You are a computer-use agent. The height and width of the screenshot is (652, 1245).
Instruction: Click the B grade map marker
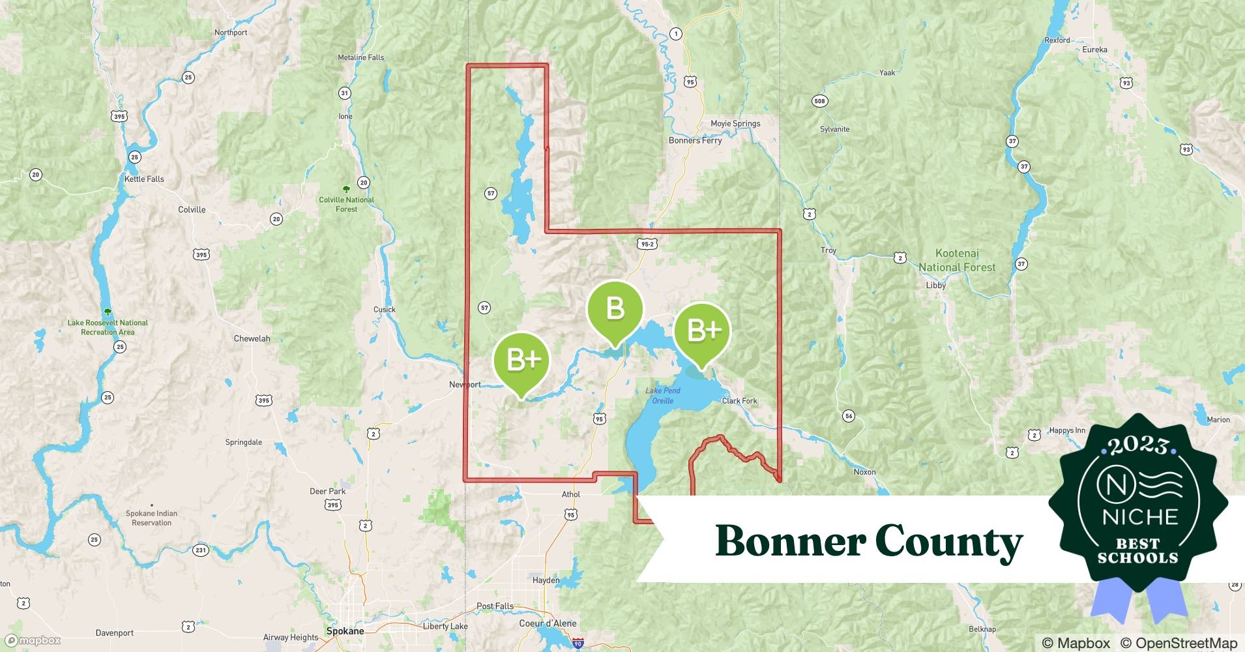pyautogui.click(x=615, y=309)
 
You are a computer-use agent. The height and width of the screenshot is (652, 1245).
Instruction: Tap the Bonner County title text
pyautogui.click(x=869, y=541)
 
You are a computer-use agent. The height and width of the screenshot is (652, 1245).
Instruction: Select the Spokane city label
pyautogui.click(x=345, y=631)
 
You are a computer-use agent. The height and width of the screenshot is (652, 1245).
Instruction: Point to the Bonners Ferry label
pyautogui.click(x=695, y=140)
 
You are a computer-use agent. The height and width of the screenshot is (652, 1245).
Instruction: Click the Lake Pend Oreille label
pyautogui.click(x=663, y=395)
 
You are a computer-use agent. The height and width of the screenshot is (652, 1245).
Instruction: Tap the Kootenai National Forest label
pyautogui.click(x=956, y=260)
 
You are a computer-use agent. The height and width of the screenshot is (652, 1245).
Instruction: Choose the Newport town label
pyautogui.click(x=465, y=385)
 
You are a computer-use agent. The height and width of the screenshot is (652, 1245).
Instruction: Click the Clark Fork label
pyautogui.click(x=739, y=401)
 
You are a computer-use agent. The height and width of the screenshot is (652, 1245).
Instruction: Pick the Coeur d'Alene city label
pyautogui.click(x=548, y=623)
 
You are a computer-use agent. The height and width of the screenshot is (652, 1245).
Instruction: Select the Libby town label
pyautogui.click(x=935, y=285)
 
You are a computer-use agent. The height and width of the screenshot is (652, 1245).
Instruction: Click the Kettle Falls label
pyautogui.click(x=144, y=179)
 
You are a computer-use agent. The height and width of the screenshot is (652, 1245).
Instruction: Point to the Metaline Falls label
pyautogui.click(x=360, y=57)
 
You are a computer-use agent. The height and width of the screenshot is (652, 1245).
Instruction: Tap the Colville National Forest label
pyautogui.click(x=346, y=204)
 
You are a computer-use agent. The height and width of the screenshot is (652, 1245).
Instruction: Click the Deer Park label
pyautogui.click(x=327, y=492)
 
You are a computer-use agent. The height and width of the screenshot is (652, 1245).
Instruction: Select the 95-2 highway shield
pyautogui.click(x=647, y=244)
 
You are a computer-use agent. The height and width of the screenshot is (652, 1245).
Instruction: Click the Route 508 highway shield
pyautogui.click(x=819, y=101)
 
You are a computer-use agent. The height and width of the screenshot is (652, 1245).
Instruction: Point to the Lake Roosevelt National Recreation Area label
pyautogui.click(x=108, y=327)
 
